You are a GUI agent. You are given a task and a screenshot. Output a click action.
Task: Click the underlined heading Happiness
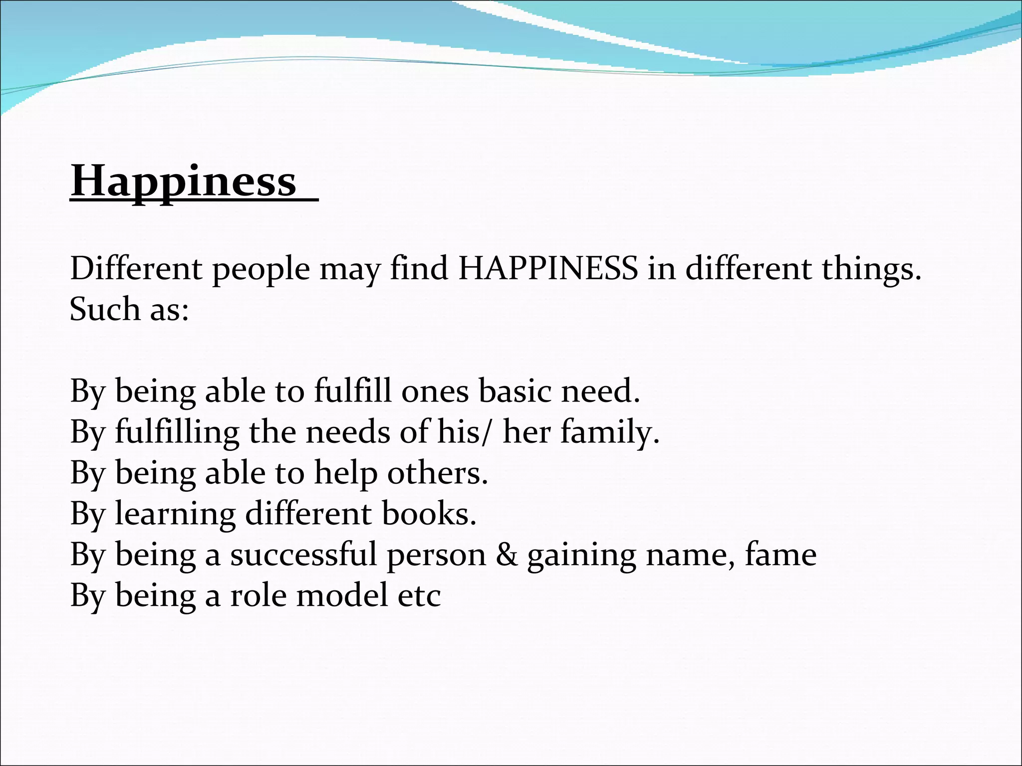(184, 182)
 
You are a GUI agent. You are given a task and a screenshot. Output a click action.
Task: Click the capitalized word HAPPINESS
(548, 269)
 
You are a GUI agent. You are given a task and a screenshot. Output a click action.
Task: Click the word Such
(105, 309)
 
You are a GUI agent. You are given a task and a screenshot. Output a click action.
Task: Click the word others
(437, 473)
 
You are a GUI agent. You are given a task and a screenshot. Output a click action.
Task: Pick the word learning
(176, 514)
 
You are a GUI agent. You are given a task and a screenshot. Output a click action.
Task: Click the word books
(429, 514)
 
